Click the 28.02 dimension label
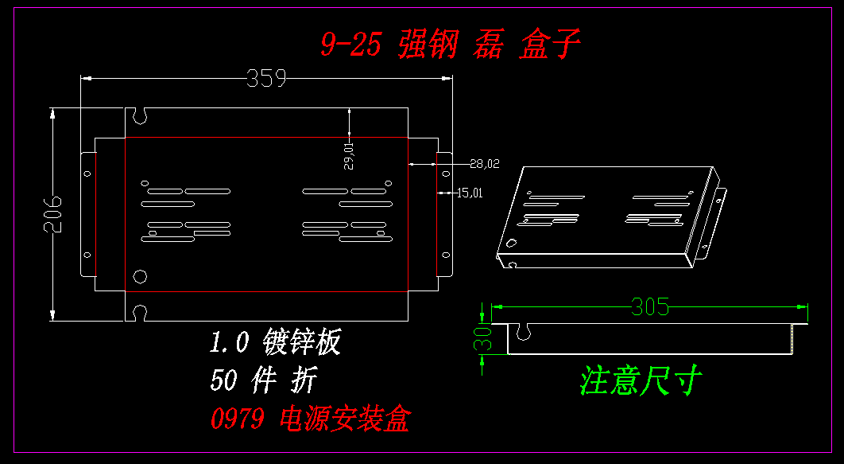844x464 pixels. (484, 164)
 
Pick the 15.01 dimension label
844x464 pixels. (470, 192)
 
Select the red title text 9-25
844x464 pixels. (350, 45)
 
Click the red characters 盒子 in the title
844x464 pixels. (549, 45)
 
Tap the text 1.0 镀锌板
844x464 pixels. (275, 342)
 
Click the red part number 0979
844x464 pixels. (237, 418)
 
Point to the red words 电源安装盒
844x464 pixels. (345, 418)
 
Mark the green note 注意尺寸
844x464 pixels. (641, 380)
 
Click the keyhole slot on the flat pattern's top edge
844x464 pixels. (141, 115)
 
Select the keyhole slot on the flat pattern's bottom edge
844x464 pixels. (141, 313)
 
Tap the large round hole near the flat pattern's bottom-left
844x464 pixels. (141, 276)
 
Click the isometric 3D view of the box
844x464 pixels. (610, 217)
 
